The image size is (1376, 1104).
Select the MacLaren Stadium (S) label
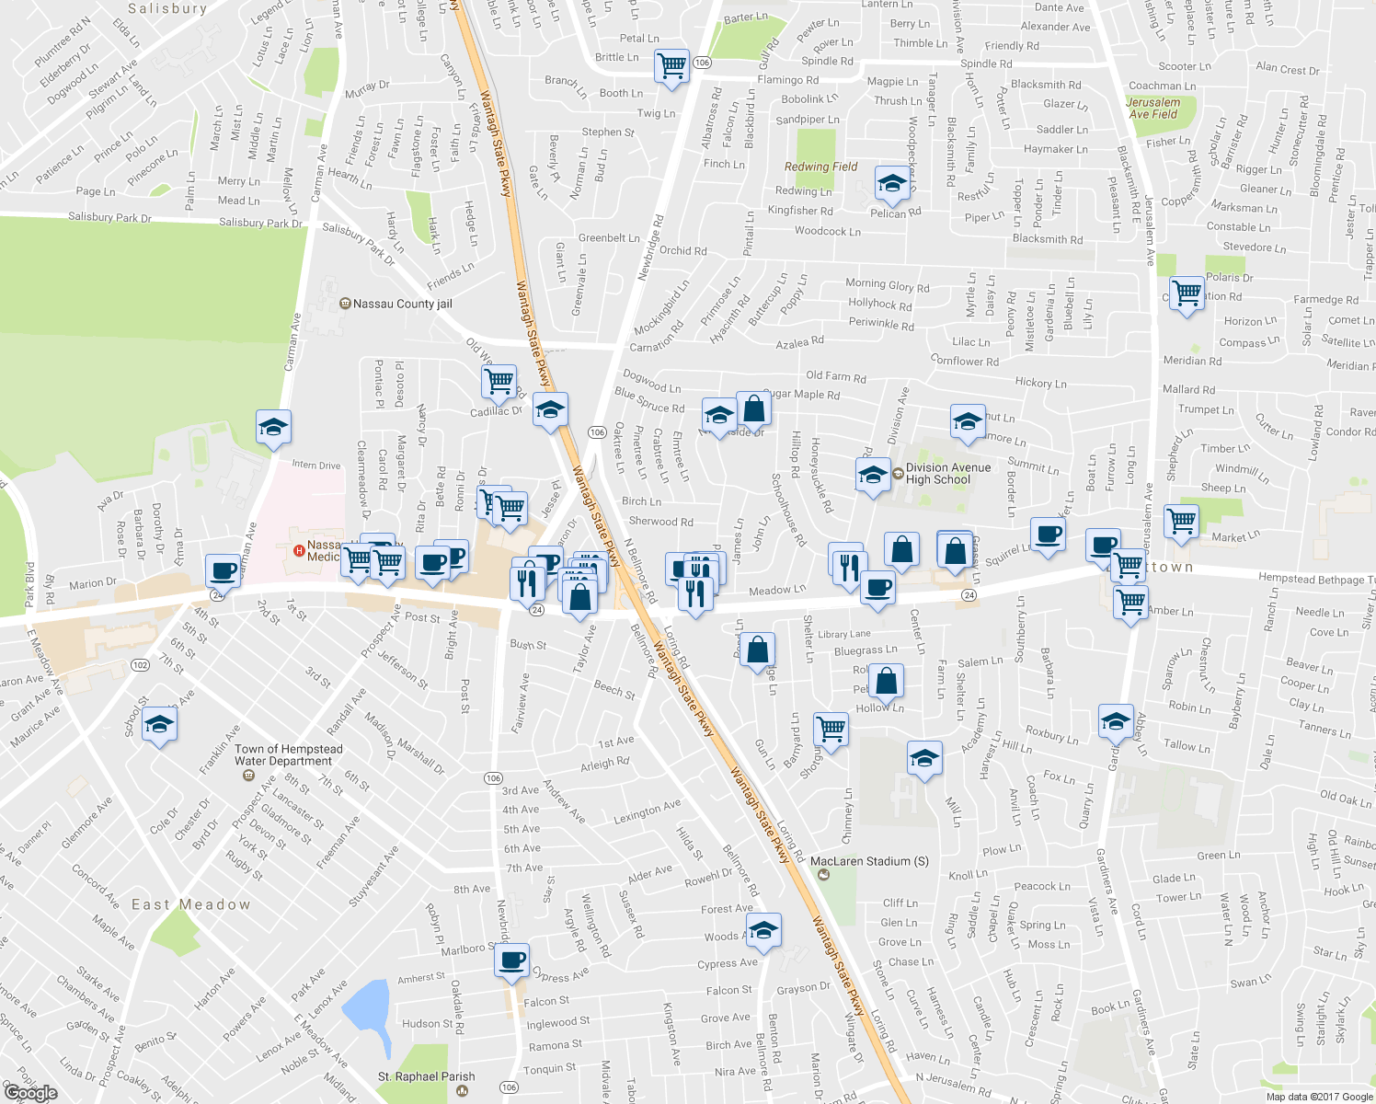[x=869, y=862]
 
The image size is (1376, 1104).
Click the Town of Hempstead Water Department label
[x=288, y=755]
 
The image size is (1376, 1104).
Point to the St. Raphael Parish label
[x=426, y=1076]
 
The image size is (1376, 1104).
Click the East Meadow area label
[x=190, y=904]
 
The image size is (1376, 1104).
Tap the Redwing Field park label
[x=820, y=167]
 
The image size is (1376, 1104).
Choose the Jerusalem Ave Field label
[x=1152, y=109]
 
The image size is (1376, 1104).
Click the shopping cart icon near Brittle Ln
[x=672, y=66]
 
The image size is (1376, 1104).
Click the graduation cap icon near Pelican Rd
[x=891, y=185]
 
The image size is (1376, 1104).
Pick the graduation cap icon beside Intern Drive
[x=273, y=428]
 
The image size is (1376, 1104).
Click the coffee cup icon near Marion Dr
[x=223, y=571]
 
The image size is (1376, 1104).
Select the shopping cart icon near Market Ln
[x=1181, y=522]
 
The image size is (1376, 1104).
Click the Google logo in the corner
[x=30, y=1092]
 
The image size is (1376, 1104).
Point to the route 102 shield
[x=140, y=665]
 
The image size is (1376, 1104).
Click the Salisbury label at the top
[x=167, y=8]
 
